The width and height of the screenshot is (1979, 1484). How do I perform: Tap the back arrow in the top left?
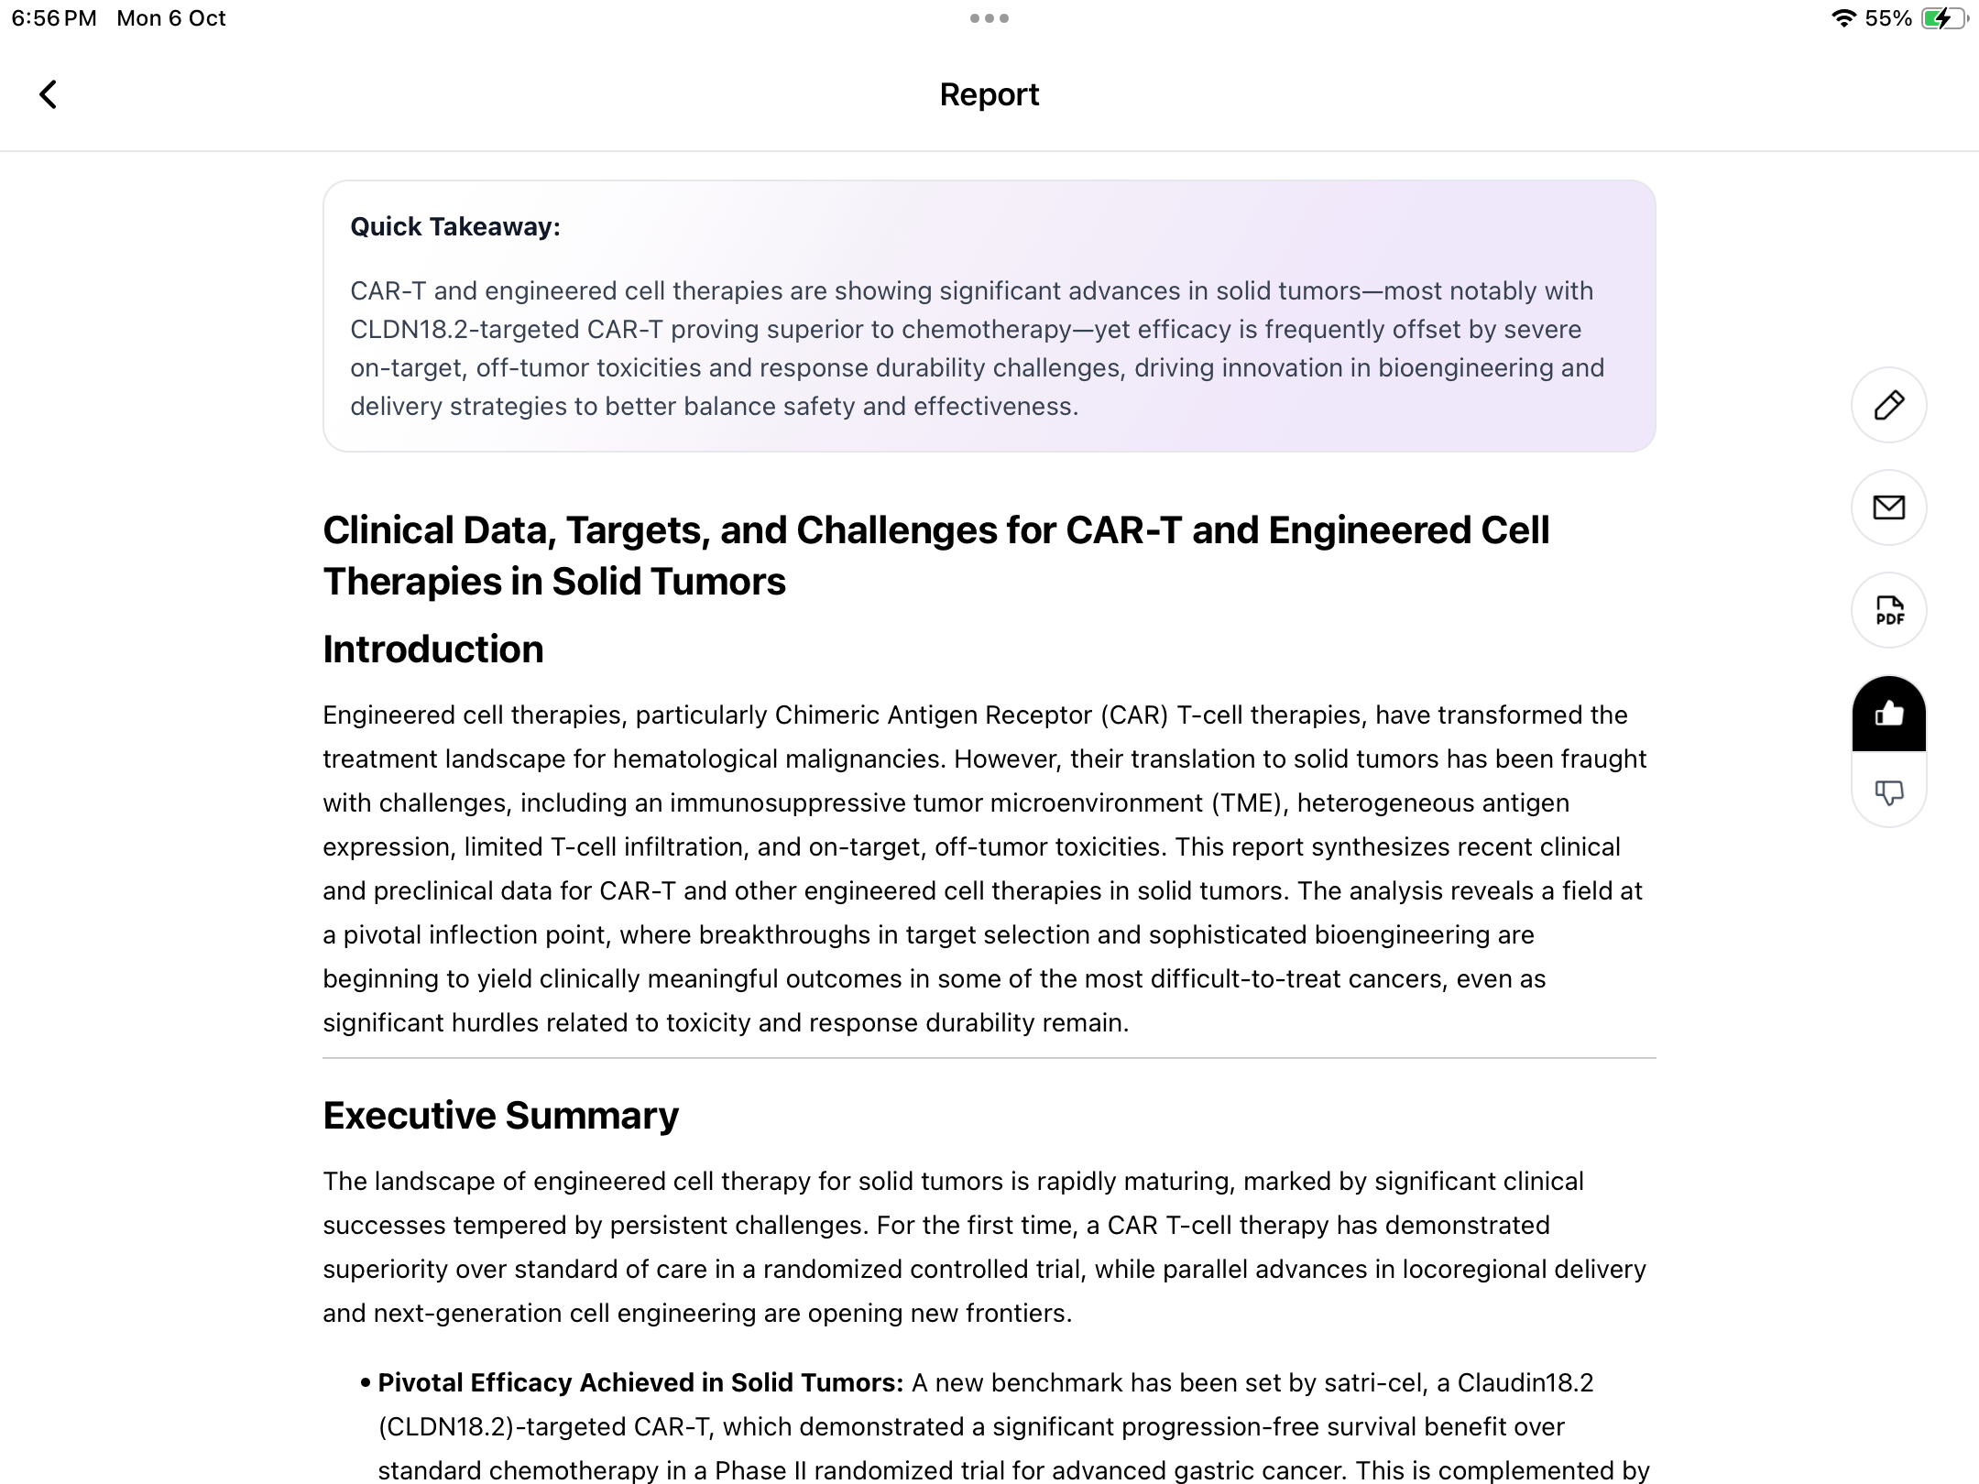point(49,94)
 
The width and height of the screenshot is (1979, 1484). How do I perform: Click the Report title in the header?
point(989,94)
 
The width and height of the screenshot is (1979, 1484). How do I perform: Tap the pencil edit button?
point(1888,405)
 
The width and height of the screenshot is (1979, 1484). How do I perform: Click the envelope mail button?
point(1888,507)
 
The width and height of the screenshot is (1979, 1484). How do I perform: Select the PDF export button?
point(1888,610)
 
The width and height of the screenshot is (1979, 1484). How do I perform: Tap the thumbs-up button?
point(1888,714)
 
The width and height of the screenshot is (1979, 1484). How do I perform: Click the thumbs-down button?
point(1888,791)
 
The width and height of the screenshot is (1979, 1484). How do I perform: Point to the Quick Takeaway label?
point(454,227)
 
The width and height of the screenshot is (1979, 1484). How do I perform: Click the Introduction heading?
point(432,649)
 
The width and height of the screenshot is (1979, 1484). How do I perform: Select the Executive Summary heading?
point(500,1116)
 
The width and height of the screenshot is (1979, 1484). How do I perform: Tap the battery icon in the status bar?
point(1945,18)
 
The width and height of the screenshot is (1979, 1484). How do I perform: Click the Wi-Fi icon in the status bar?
point(1842,18)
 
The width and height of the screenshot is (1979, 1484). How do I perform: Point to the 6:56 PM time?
point(54,18)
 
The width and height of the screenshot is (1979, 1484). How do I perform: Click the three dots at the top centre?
point(989,18)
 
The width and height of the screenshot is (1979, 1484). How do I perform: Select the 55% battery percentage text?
point(1887,18)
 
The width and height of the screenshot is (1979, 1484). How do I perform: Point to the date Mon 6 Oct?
point(170,18)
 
